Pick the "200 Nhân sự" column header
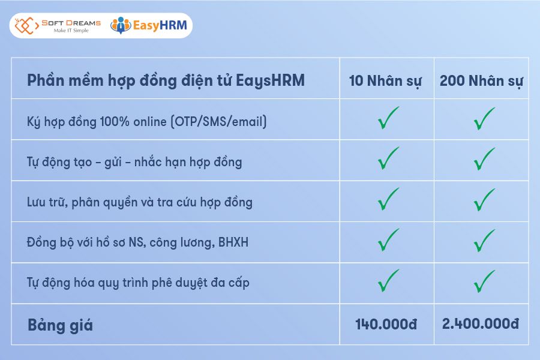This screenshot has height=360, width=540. tap(481, 81)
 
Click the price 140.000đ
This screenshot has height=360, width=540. tap(386, 325)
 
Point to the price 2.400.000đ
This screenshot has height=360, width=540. tap(481, 324)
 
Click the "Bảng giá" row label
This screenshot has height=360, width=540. tap(61, 325)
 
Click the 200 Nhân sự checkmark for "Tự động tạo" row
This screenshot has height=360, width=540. tap(484, 159)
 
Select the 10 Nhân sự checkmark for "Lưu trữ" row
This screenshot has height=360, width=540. tap(388, 199)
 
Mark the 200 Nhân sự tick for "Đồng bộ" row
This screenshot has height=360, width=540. tap(484, 240)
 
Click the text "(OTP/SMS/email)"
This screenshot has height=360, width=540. tap(218, 122)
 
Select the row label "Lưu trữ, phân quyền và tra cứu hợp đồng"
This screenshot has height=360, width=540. tap(140, 202)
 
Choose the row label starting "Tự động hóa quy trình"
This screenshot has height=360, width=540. tap(138, 283)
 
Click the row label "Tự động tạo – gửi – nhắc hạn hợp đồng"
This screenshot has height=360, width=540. tap(135, 162)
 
